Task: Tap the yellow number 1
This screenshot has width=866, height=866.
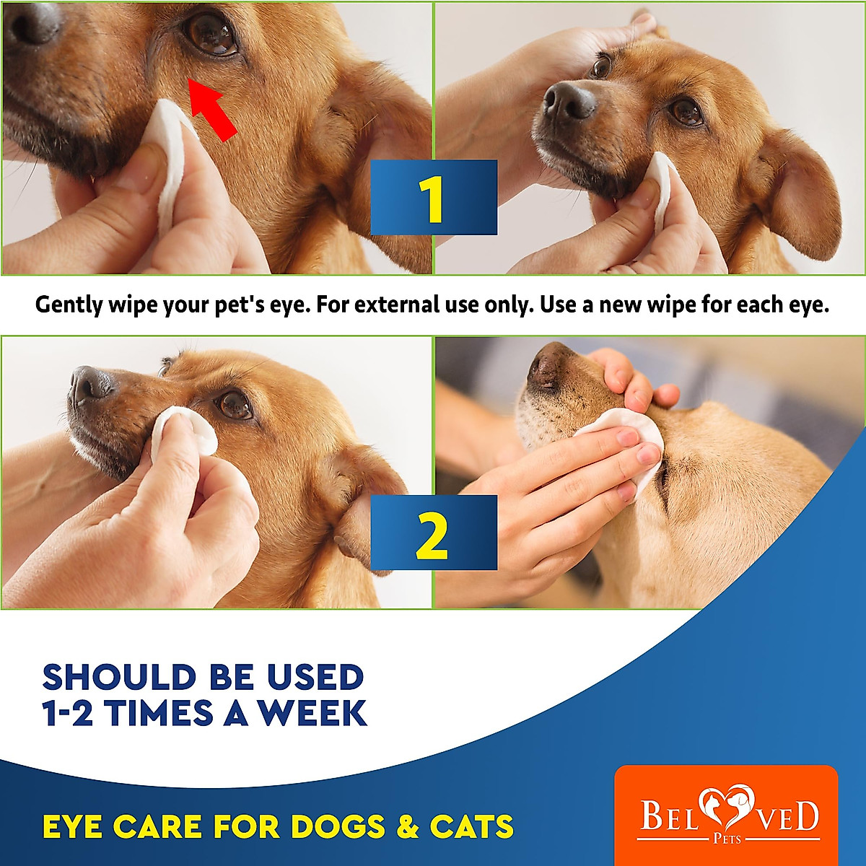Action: click(x=433, y=199)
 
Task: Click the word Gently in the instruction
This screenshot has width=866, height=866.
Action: click(x=69, y=305)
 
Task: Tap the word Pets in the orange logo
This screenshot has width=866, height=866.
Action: click(x=727, y=839)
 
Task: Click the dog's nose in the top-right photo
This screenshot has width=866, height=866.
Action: click(x=569, y=101)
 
